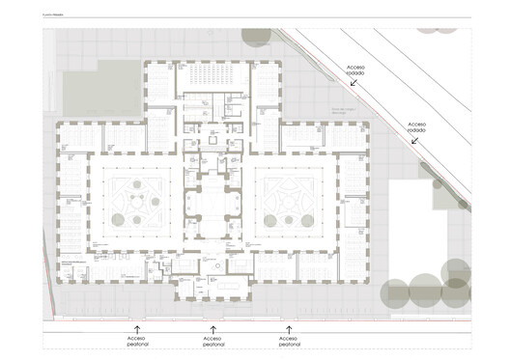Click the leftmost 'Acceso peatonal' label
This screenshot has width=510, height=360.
tap(137, 342)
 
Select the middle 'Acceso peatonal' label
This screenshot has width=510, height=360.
tap(212, 342)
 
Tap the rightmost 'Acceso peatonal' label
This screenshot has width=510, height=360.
tap(288, 342)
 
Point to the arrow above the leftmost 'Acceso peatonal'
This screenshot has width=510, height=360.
tap(137, 329)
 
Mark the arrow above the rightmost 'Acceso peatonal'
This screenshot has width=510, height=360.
tap(288, 329)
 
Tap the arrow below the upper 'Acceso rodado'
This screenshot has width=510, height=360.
tap(354, 84)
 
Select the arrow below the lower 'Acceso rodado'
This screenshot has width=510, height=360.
tap(415, 141)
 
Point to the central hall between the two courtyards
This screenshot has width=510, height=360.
tap(212, 203)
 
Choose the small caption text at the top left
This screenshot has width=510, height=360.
tap(55, 16)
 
